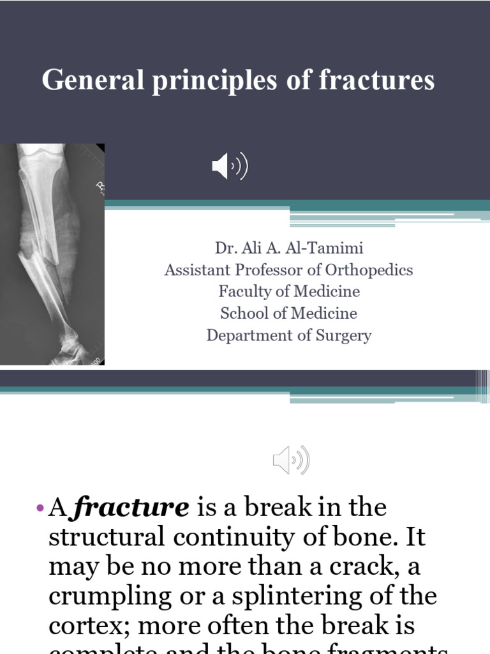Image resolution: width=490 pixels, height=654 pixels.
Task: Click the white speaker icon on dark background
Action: click(230, 167)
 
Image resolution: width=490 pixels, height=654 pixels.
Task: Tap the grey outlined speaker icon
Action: click(291, 460)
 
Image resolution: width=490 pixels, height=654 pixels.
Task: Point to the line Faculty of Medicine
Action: click(288, 291)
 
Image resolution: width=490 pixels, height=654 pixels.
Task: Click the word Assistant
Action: click(195, 270)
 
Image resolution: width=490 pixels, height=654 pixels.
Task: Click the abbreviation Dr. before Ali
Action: click(226, 248)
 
